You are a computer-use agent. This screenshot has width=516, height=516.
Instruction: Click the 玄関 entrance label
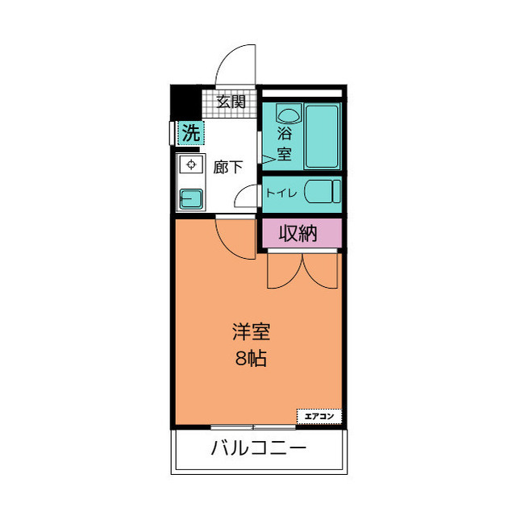pyautogui.click(x=231, y=102)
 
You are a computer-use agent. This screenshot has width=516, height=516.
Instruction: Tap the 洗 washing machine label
pyautogui.click(x=189, y=133)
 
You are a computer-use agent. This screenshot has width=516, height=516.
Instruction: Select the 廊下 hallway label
pyautogui.click(x=228, y=168)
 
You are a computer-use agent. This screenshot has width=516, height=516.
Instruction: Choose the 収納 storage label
pyautogui.click(x=298, y=234)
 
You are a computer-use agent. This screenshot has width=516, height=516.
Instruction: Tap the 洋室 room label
pyautogui.click(x=251, y=331)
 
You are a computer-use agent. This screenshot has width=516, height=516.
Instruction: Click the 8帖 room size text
pyautogui.click(x=251, y=359)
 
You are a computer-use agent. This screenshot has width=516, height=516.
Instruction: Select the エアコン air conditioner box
pyautogui.click(x=319, y=416)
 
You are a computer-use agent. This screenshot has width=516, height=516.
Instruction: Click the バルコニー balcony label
pyautogui.click(x=258, y=447)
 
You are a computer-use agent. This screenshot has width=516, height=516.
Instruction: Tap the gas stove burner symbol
pyautogui.click(x=191, y=165)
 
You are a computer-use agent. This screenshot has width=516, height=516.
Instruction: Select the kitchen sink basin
pyautogui.click(x=191, y=198)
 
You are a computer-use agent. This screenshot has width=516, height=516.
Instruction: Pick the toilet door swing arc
pyautogui.click(x=246, y=198)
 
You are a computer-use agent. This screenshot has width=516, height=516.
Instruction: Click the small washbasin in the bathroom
pyautogui.click(x=288, y=114)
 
